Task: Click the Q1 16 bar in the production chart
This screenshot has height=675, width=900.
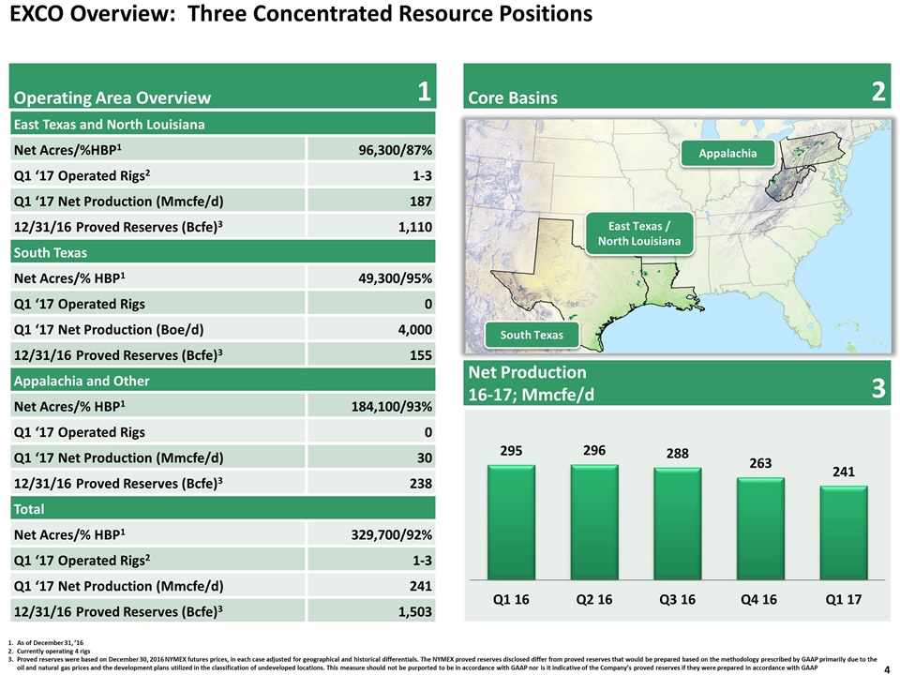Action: click(x=511, y=522)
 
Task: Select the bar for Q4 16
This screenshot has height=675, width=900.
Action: click(x=760, y=529)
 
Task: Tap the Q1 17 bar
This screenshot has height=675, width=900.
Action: click(x=844, y=532)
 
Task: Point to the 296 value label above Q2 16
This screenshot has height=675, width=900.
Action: click(x=594, y=451)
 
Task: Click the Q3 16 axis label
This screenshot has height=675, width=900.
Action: click(x=677, y=600)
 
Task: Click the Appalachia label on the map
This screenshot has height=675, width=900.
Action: click(x=727, y=153)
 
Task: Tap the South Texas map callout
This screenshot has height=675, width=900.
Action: click(x=532, y=335)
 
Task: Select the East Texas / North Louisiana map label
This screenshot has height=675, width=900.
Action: click(x=639, y=233)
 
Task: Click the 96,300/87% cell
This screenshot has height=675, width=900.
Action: click(x=395, y=150)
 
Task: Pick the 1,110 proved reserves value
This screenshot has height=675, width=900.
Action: click(x=415, y=227)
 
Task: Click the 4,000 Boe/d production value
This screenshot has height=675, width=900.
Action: click(x=415, y=330)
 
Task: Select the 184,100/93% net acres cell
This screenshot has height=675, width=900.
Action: click(x=392, y=407)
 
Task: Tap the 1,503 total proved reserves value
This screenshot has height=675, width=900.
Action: click(x=415, y=612)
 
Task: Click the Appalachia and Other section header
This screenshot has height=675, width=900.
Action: click(x=82, y=382)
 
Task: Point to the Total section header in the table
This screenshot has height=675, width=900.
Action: click(x=29, y=509)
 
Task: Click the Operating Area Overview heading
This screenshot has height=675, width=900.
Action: click(x=112, y=97)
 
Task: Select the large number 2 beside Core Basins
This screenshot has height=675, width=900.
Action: click(x=878, y=91)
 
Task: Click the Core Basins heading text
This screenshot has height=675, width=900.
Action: click(x=513, y=98)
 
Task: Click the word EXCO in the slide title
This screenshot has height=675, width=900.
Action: click(x=37, y=14)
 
